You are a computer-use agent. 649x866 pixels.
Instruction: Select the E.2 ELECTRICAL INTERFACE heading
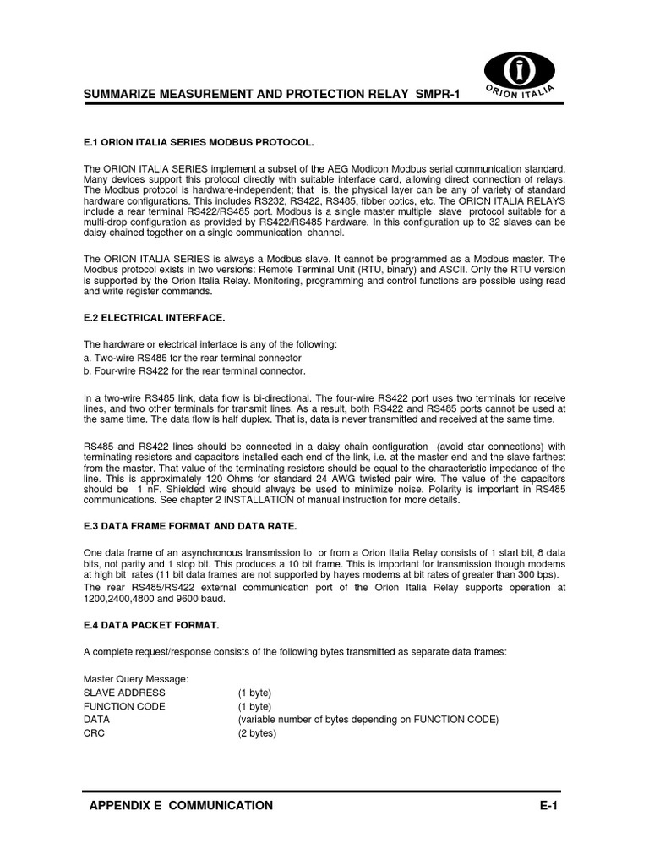[x=154, y=317]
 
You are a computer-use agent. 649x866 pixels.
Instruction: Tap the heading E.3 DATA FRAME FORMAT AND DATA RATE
[x=190, y=526]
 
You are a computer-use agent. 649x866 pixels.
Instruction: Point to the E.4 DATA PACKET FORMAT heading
[x=151, y=625]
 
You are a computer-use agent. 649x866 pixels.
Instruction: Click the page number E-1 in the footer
[x=549, y=806]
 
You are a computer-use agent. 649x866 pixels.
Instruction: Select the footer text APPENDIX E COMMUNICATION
[x=181, y=806]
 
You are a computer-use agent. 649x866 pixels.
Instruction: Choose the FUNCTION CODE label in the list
[x=124, y=706]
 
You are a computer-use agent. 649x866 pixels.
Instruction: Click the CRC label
[x=94, y=733]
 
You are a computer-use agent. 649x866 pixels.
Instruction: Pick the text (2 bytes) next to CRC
[x=257, y=733]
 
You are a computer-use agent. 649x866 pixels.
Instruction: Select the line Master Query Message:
[x=136, y=679]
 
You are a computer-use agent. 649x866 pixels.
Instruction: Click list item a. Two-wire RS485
[x=194, y=358]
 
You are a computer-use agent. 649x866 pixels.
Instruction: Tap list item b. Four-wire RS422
[x=194, y=371]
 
